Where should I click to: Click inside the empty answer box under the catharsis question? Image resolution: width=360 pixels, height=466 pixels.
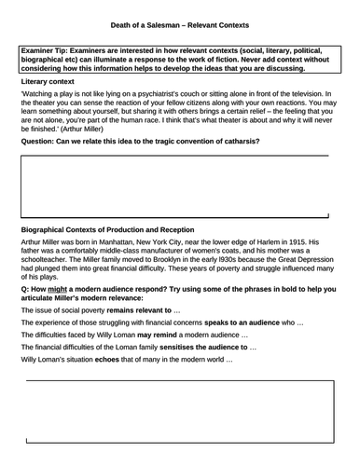[177, 186]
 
